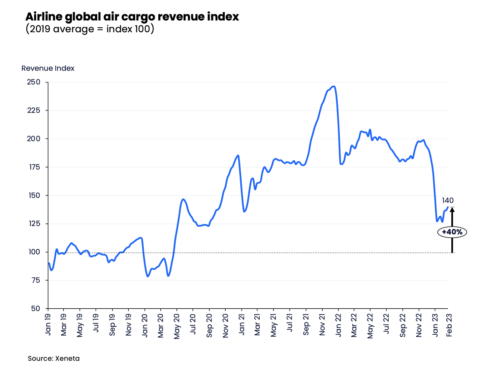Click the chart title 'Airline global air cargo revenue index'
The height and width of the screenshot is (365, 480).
(x=132, y=16)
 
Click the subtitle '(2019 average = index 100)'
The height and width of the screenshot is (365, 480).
(x=90, y=29)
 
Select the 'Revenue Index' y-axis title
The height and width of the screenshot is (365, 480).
(x=48, y=68)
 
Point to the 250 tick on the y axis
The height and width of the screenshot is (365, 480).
(x=34, y=82)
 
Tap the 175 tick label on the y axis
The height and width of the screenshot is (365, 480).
(x=34, y=167)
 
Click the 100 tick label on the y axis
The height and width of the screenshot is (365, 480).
(x=34, y=252)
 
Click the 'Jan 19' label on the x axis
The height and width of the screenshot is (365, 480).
(x=48, y=324)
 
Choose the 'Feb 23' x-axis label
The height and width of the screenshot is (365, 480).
(x=449, y=325)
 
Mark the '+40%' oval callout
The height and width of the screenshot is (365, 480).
(x=452, y=232)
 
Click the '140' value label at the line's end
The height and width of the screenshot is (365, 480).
(x=448, y=200)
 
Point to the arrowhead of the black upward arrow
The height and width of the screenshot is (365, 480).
(x=452, y=210)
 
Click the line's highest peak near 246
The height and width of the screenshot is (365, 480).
(x=334, y=86)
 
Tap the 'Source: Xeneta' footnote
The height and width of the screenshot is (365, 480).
(x=53, y=358)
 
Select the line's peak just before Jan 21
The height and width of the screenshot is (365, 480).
(x=238, y=155)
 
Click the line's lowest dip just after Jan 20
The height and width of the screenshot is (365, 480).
(x=148, y=276)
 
